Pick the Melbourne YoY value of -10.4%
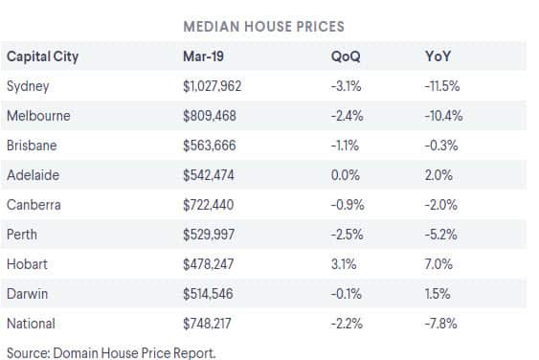tap(442, 116)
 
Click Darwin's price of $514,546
tap(212, 294)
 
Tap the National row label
tap(31, 324)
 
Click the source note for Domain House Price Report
tap(111, 351)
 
